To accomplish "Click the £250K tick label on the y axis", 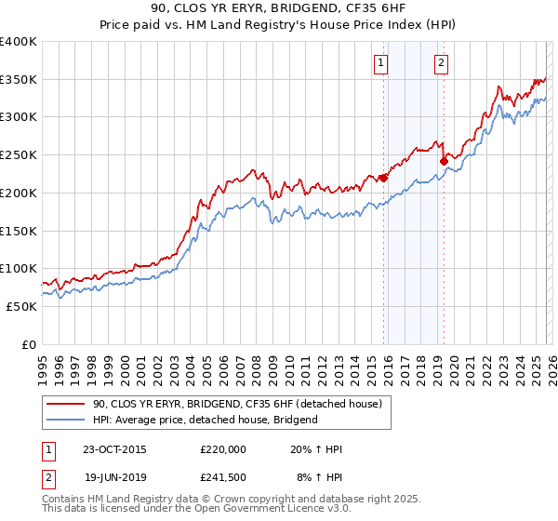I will pos(19,154).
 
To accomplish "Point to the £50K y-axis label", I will pos(21,306).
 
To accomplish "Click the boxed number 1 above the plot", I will pos(382,63).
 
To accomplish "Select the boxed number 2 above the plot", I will pos(440,63).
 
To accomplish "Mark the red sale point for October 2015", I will pos(383,177).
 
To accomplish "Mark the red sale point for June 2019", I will pos(444,161).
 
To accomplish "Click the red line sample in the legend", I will pos(66,404).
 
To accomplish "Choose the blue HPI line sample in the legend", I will pos(66,420).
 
